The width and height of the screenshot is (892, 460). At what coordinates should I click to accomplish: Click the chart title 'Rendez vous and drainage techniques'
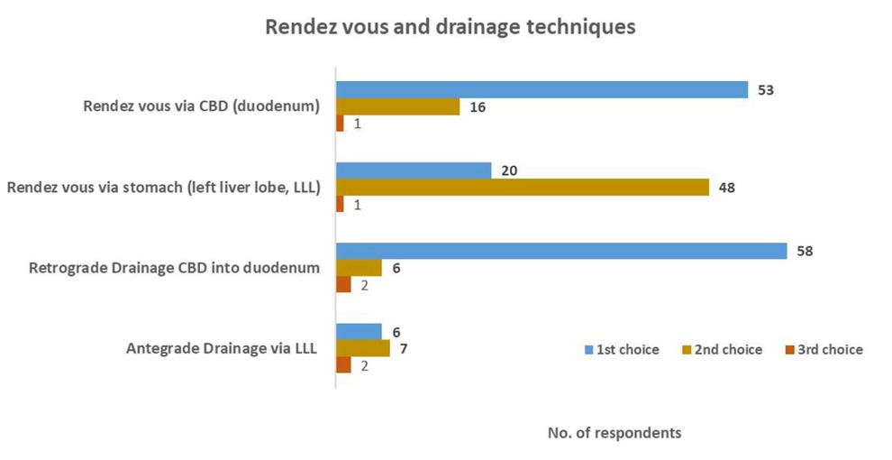click(x=450, y=27)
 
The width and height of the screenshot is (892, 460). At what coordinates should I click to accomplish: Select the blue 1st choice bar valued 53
click(x=542, y=89)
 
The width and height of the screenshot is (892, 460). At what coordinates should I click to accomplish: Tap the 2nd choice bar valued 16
click(x=397, y=106)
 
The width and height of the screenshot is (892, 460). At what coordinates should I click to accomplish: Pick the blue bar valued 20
click(x=414, y=170)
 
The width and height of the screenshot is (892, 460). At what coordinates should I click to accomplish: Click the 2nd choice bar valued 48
click(x=522, y=188)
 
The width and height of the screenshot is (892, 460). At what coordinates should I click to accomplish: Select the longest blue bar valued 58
click(x=561, y=251)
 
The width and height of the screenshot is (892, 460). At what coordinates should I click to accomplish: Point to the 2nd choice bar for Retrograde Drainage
click(x=359, y=268)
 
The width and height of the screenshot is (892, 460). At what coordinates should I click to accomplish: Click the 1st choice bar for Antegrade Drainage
click(x=359, y=331)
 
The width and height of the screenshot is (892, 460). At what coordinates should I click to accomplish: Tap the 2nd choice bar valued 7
click(x=362, y=348)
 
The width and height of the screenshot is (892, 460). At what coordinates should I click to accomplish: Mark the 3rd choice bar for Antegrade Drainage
click(x=343, y=365)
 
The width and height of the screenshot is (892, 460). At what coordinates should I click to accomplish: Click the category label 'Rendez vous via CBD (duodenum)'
click(x=201, y=106)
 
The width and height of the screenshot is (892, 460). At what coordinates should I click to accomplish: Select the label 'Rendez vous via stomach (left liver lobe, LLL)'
click(x=164, y=188)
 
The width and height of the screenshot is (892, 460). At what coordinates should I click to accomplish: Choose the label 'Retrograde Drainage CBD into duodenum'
click(x=175, y=268)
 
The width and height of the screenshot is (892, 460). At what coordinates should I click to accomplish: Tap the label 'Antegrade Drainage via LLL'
click(x=221, y=348)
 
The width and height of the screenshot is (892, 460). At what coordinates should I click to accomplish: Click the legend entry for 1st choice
click(x=623, y=349)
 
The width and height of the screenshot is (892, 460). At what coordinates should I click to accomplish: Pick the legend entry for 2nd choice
click(x=724, y=349)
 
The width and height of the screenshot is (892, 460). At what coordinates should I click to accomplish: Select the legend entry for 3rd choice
click(x=824, y=349)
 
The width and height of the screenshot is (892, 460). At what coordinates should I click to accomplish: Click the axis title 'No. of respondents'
click(x=614, y=433)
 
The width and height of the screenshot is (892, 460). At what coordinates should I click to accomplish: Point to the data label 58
click(x=805, y=251)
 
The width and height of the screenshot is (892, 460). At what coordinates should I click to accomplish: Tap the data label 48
click(x=726, y=188)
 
